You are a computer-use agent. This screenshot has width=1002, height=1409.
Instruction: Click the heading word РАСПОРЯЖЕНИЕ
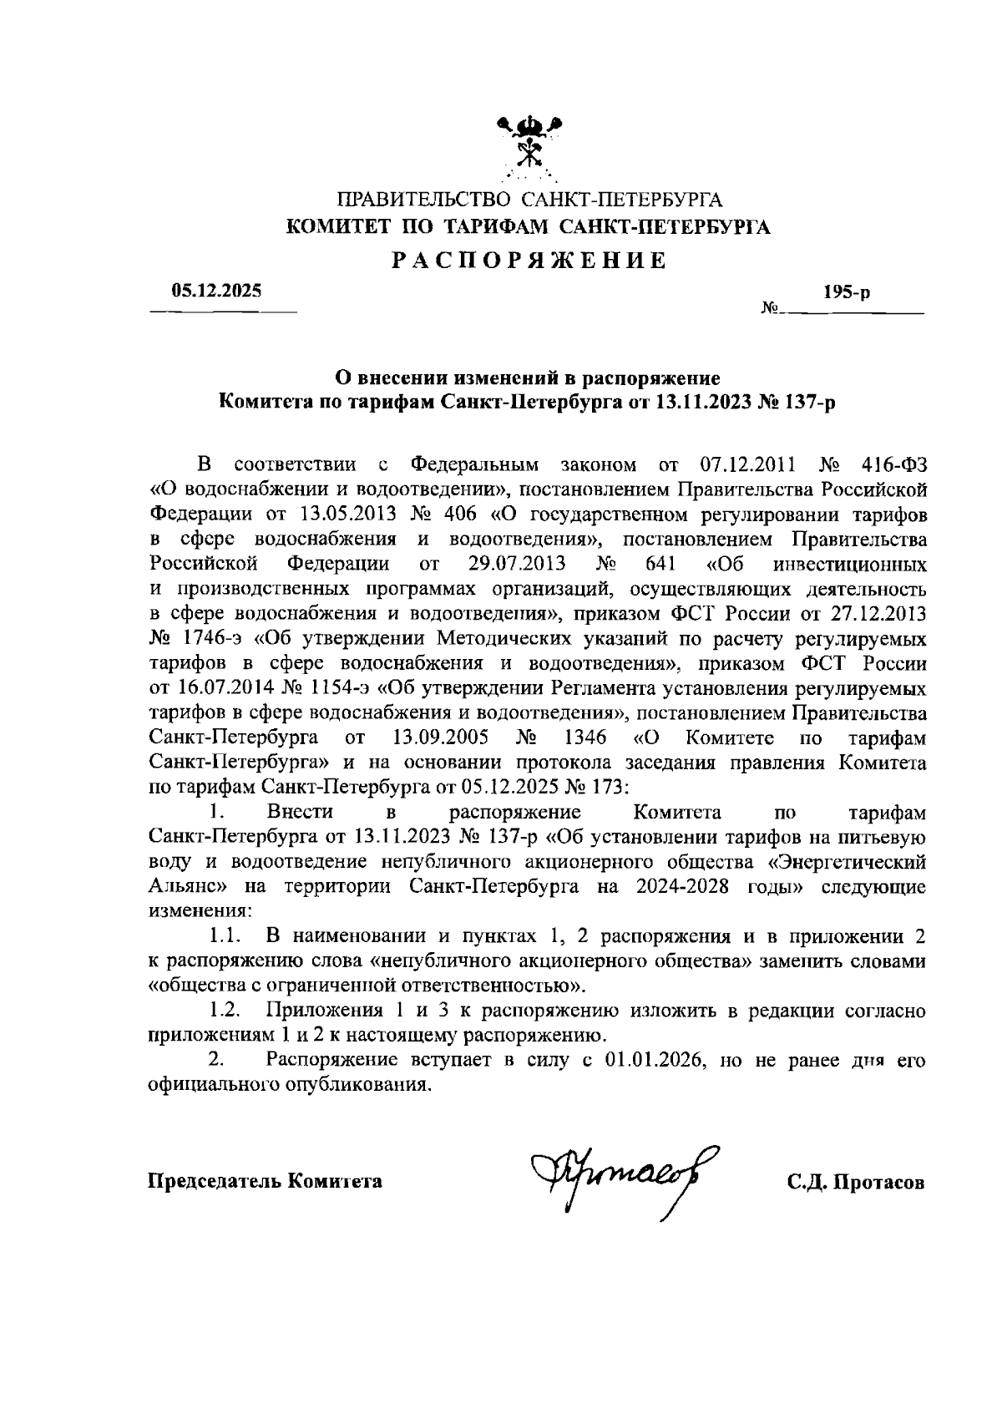[530, 261]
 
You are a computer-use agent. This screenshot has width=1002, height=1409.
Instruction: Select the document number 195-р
[846, 292]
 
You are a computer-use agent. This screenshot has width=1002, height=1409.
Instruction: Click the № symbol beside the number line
[769, 309]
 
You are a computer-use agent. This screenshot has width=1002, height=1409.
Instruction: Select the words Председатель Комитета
[265, 1182]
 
